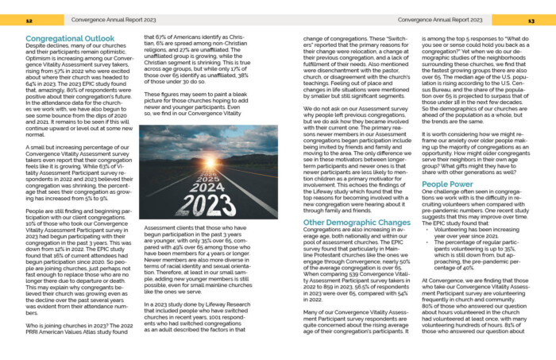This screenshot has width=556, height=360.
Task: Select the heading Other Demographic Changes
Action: (345, 223)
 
